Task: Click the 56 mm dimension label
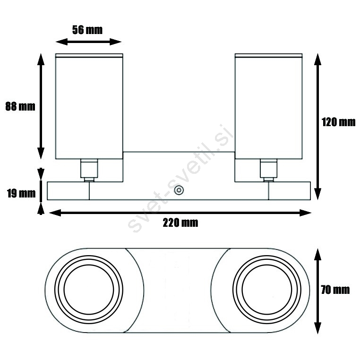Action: [x=87, y=30]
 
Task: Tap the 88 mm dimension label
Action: [x=20, y=106]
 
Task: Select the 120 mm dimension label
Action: [x=338, y=122]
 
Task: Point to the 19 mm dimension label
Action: [x=21, y=193]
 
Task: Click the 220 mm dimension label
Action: [x=180, y=223]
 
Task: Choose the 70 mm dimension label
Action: [x=335, y=290]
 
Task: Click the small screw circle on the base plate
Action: [x=179, y=190]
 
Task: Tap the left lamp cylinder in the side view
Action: [x=89, y=106]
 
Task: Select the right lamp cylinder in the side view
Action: [x=269, y=106]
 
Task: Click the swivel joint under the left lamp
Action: [x=89, y=171]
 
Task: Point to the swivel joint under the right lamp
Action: [x=269, y=171]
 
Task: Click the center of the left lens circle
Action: [x=89, y=290]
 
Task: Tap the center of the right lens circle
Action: [x=267, y=290]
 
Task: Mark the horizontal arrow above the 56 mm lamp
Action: [x=89, y=42]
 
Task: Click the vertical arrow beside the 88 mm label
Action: [x=41, y=106]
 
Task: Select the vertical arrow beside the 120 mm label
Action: [x=317, y=127]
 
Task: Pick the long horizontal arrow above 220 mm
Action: [x=180, y=213]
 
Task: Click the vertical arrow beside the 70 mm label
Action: [x=317, y=291]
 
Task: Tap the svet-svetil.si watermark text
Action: [x=180, y=178]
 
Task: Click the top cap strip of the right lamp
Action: [x=269, y=55]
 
